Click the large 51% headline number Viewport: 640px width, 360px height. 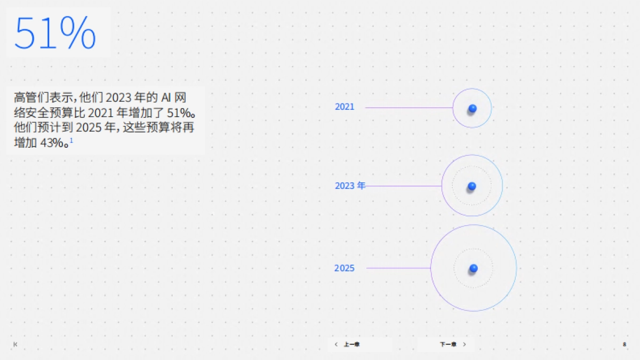tap(55, 33)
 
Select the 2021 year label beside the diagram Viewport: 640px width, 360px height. tap(345, 107)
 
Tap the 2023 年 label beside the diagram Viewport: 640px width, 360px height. tap(350, 186)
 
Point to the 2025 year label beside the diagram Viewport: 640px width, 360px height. tap(345, 268)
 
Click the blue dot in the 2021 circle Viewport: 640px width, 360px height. tap(472, 108)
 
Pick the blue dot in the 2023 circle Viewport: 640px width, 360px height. tap(471, 186)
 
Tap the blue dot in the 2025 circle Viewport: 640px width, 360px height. tap(473, 268)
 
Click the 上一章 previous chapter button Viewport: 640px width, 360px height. tap(351, 345)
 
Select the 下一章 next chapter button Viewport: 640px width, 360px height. tap(448, 345)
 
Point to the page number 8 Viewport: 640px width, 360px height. tap(624, 345)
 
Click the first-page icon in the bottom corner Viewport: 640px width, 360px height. tap(15, 345)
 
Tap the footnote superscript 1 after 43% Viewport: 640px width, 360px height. tap(71, 140)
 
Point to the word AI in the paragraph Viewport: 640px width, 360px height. tap(166, 98)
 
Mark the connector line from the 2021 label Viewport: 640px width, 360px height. tap(409, 108)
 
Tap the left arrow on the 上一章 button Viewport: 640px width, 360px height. tap(335, 345)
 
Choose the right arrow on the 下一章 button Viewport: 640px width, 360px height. tap(465, 345)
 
